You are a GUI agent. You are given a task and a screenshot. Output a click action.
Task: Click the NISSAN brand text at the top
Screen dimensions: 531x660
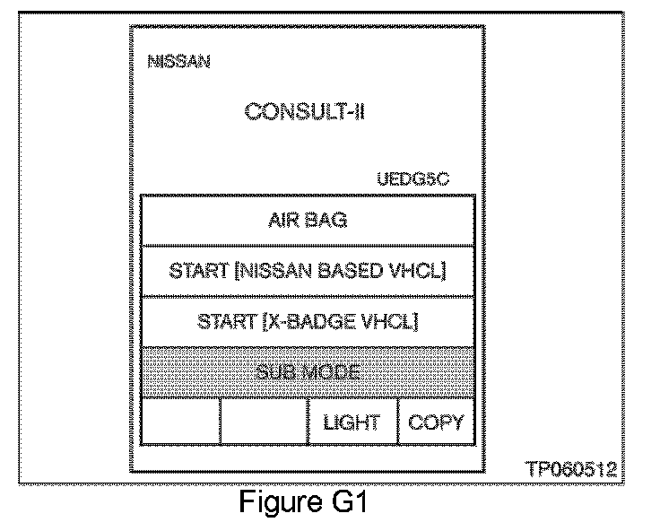[x=178, y=63]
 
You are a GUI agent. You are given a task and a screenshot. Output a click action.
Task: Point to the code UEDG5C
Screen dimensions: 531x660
[x=413, y=180]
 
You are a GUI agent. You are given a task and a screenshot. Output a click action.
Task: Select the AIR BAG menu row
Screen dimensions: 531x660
[x=308, y=219]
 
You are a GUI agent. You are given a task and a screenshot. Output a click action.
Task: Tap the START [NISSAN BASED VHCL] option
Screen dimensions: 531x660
[x=308, y=270]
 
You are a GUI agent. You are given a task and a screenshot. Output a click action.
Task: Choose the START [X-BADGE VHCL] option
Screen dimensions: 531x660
[x=308, y=321]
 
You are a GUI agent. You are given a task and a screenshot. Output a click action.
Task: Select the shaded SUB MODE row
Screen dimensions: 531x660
[x=308, y=372]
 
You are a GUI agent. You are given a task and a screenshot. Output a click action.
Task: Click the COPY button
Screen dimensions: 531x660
[x=436, y=422]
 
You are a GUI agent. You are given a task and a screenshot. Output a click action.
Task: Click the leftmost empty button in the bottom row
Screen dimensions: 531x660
[x=181, y=422]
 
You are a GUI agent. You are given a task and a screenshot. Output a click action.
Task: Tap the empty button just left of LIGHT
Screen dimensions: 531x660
[x=265, y=422]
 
